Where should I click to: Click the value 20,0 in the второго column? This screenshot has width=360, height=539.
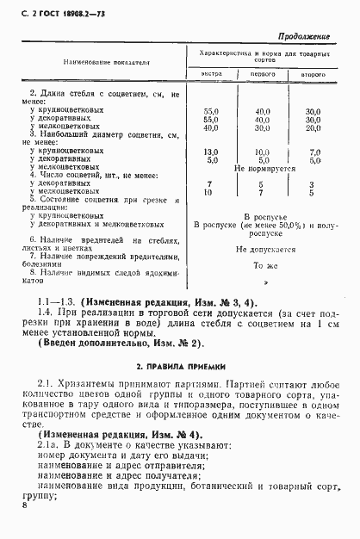(313, 127)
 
